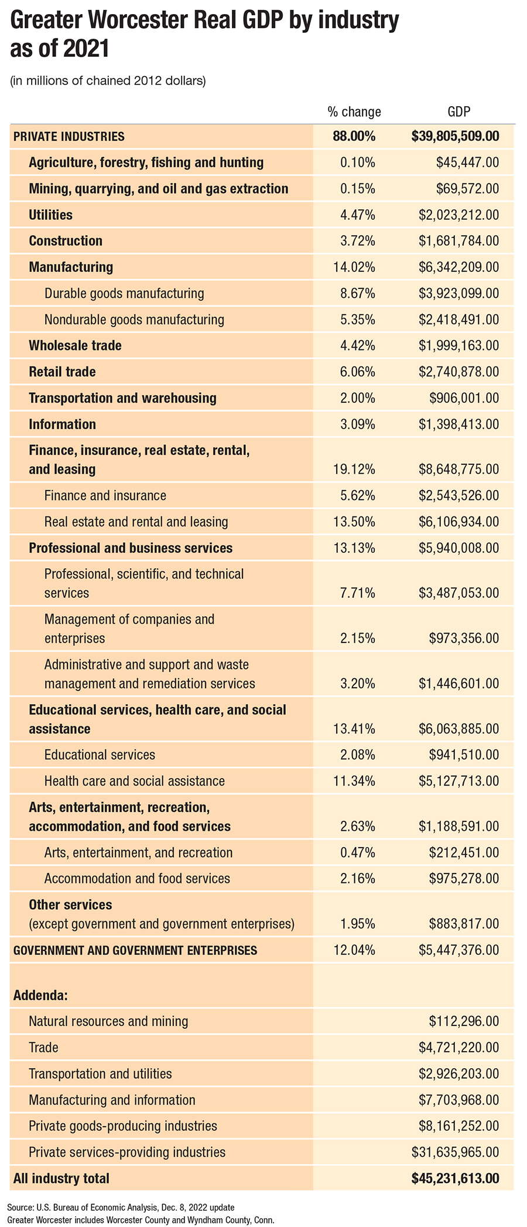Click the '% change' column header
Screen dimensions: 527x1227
coord(354,111)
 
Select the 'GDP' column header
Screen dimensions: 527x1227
coord(459,111)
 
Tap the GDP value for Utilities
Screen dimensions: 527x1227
coord(459,215)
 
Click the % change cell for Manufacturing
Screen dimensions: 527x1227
coord(354,267)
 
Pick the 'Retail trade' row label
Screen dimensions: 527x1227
coord(62,372)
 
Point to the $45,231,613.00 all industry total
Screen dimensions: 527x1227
coord(456,1178)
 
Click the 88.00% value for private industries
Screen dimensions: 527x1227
coord(354,137)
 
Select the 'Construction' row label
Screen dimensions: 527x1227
coord(66,241)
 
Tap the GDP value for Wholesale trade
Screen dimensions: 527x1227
coord(459,346)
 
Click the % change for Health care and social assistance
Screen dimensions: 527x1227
coord(354,781)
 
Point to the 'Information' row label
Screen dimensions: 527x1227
coord(62,424)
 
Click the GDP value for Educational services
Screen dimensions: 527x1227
coord(464,755)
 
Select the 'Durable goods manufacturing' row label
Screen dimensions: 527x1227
coord(124,294)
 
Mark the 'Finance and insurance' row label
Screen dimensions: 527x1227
coord(105,496)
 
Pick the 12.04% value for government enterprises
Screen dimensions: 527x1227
coord(354,951)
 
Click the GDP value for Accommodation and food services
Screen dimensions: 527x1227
coord(464,879)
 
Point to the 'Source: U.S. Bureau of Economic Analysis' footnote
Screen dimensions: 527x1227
coord(121,1208)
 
